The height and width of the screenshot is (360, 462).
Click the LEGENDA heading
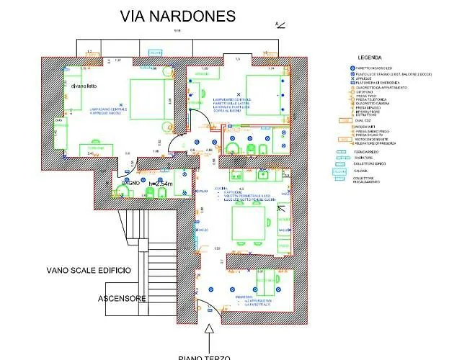(x=369, y=57)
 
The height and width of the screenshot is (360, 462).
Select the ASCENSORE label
(x=123, y=298)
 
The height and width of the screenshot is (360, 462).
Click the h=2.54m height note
(x=162, y=184)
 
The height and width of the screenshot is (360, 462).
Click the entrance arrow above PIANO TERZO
(x=210, y=333)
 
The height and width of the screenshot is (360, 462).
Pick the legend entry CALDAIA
(x=360, y=170)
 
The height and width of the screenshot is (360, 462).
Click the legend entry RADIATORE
(x=364, y=158)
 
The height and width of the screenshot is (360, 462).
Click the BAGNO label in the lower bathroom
(x=130, y=183)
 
